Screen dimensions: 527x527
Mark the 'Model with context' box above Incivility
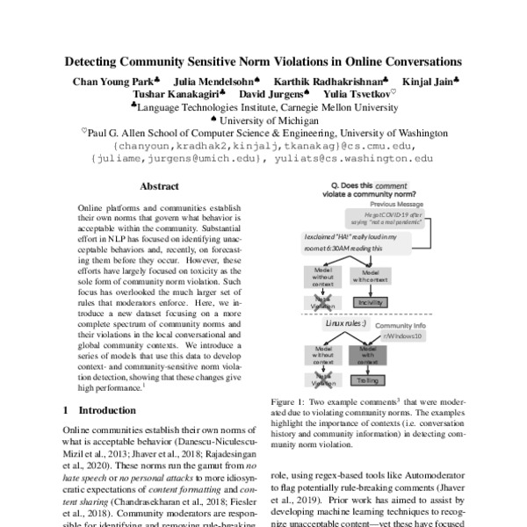[369, 277]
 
